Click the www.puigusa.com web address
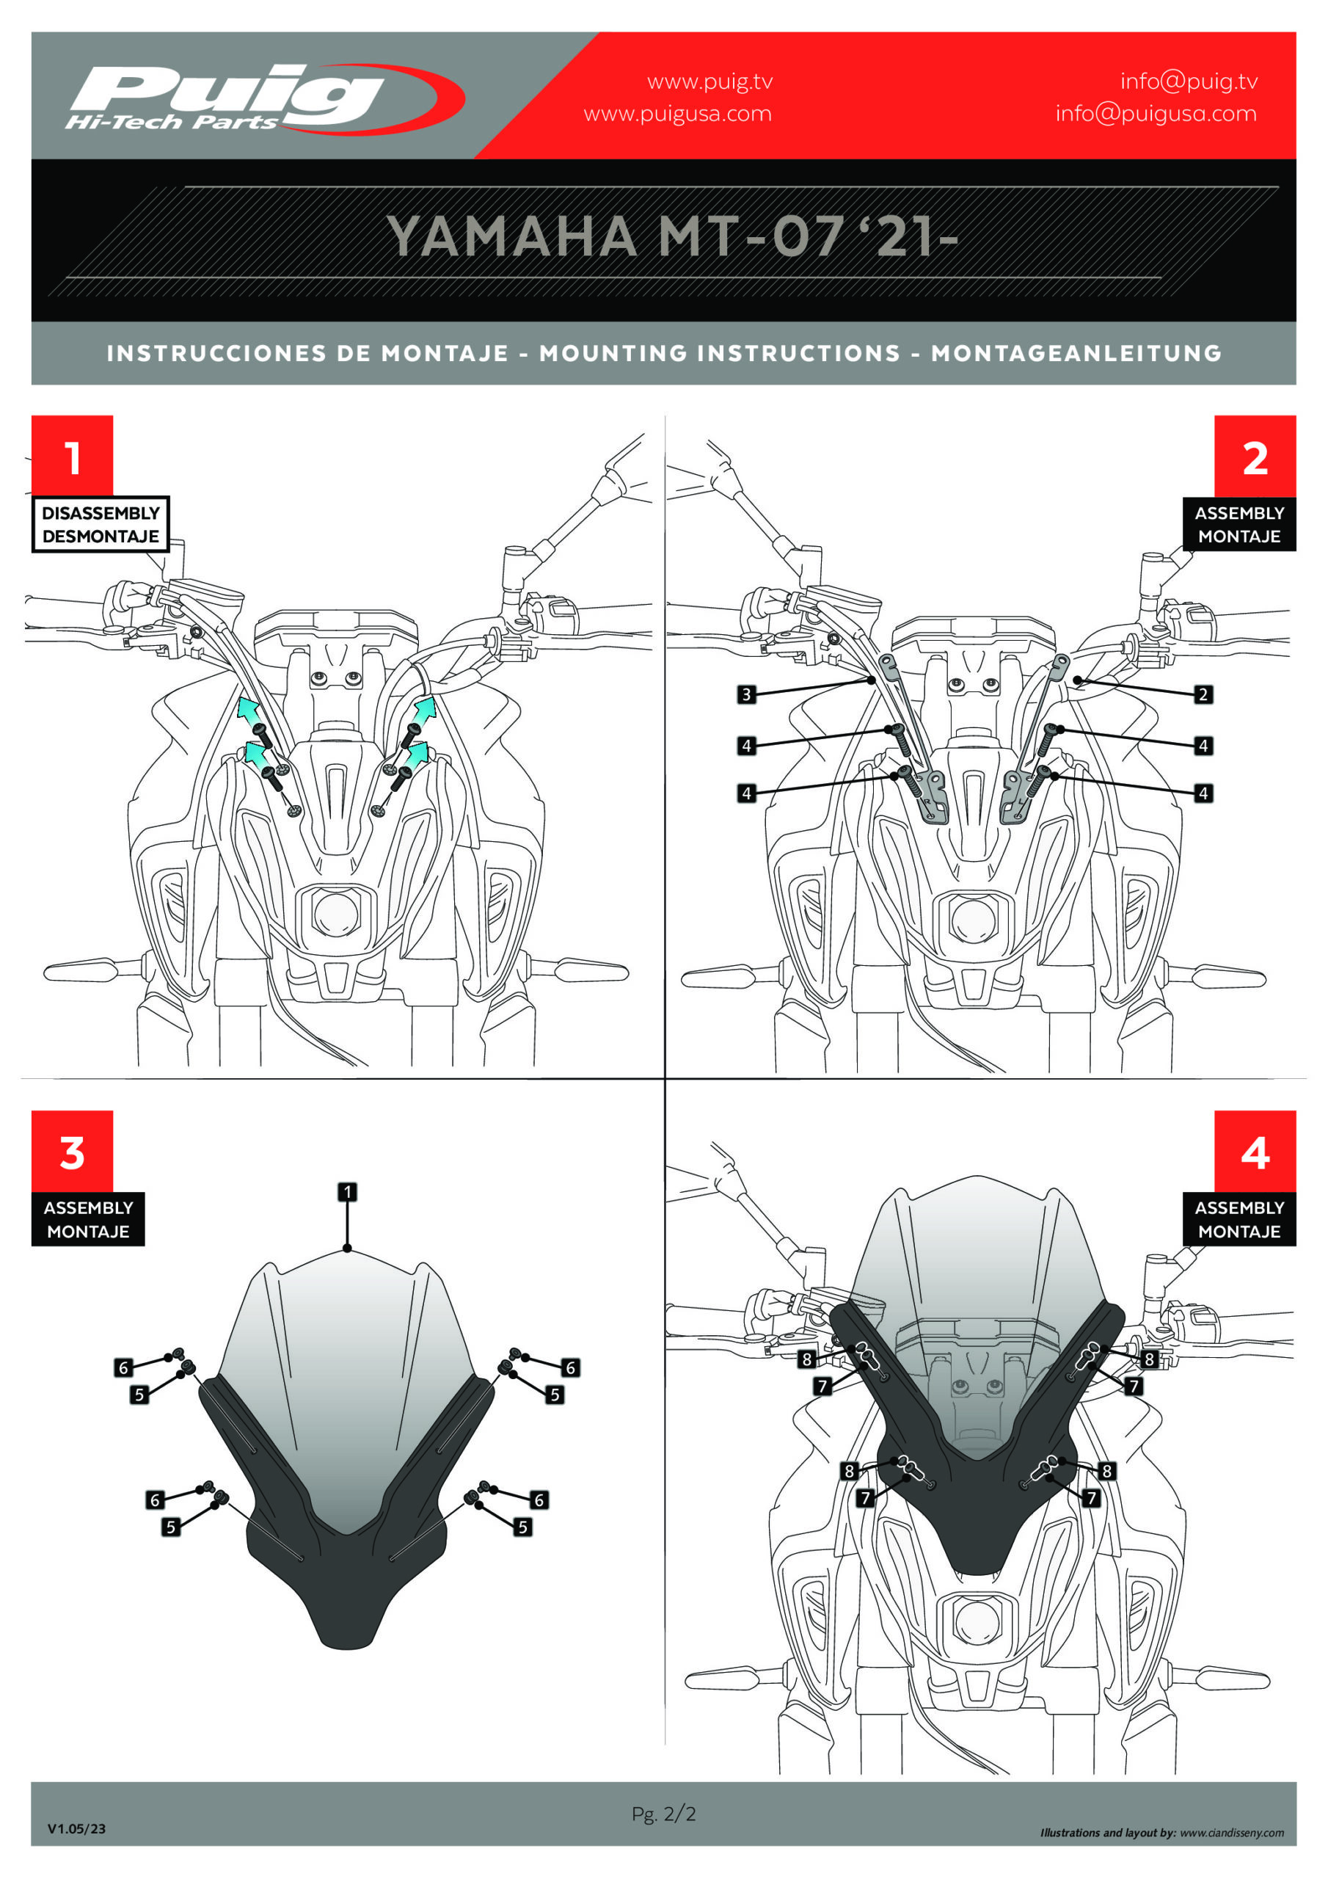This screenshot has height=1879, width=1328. point(677,114)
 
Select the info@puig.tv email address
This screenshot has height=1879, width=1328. point(1188,81)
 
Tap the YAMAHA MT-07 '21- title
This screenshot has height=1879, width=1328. point(671,237)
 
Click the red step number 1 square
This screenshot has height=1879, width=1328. point(72,455)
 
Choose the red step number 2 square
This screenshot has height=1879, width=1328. point(1255,455)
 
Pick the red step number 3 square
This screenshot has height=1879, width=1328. point(72,1151)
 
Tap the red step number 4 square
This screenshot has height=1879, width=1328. point(1255,1151)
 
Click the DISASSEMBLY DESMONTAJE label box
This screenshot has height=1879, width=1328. point(101,525)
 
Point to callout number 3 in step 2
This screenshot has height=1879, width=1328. point(746,695)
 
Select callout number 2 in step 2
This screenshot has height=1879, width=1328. point(1203,695)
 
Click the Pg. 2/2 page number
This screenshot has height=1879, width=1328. point(663,1814)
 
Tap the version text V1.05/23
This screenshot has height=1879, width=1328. point(76,1828)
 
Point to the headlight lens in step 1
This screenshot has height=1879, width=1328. point(335,914)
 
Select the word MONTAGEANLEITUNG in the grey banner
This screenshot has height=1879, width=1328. point(1076,354)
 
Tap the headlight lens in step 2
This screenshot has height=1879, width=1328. point(974,919)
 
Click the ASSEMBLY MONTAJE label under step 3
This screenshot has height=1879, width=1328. point(88,1219)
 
